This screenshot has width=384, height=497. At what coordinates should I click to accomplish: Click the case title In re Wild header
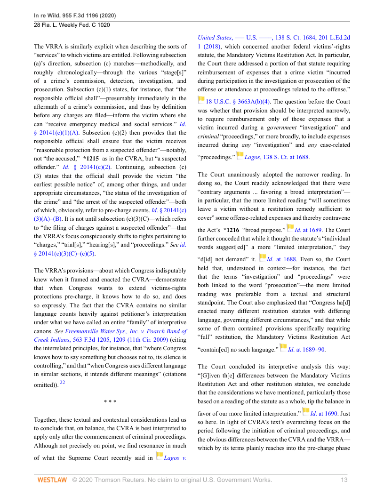click(x=75, y=16)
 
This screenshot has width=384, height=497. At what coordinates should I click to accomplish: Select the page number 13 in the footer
click(x=344, y=480)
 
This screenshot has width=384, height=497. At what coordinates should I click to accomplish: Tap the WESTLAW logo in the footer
click(x=52, y=480)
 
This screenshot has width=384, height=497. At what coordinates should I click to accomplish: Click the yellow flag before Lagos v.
click(x=160, y=455)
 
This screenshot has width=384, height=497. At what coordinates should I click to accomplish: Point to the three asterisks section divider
click(x=110, y=401)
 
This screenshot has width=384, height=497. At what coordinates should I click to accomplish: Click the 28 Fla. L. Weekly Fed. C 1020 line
click(x=72, y=25)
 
